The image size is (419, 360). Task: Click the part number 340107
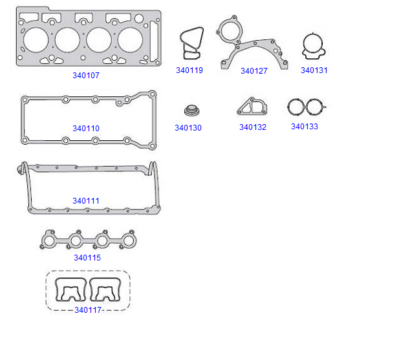(86, 76)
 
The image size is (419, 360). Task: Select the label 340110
(86, 128)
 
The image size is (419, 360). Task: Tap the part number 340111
(86, 200)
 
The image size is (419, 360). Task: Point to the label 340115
(87, 257)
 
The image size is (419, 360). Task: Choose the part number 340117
(88, 310)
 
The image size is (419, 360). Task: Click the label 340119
(189, 70)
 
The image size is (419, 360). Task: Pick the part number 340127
(254, 70)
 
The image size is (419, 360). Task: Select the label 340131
(314, 70)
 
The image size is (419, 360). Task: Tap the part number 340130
(188, 128)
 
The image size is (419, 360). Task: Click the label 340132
(253, 127)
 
